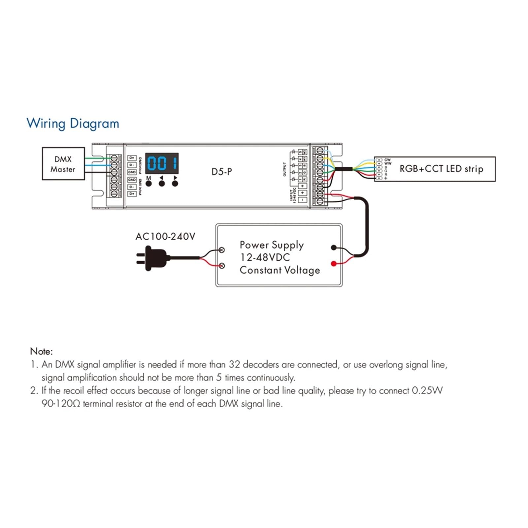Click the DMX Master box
[x=63, y=164]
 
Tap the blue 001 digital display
[x=162, y=163]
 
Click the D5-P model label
[x=221, y=172]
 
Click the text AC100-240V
[x=165, y=237]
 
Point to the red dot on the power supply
[x=334, y=263]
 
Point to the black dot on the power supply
[x=334, y=247]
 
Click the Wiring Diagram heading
[x=73, y=123]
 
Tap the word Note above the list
[x=41, y=351]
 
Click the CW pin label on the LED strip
[x=387, y=160]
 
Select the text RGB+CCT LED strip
[x=441, y=169]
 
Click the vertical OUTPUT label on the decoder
[x=284, y=169]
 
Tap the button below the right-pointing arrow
[x=175, y=183]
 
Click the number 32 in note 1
[x=234, y=365]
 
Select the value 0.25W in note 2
[x=427, y=391]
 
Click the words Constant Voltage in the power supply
[x=280, y=270]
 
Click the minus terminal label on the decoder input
[x=303, y=200]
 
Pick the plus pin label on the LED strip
[x=385, y=179]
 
